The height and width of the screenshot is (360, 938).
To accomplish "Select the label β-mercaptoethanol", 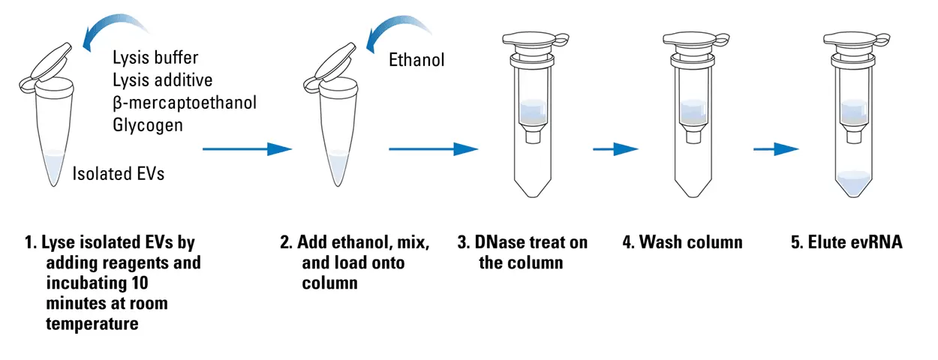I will pyautogui.click(x=185, y=102).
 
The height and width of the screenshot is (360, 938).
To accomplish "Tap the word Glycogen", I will pyautogui.click(x=148, y=124).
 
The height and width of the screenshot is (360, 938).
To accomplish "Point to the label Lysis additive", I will pyautogui.click(x=163, y=79).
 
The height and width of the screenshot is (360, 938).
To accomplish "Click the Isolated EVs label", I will pyautogui.click(x=119, y=174).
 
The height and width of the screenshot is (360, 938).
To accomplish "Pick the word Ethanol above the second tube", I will pyautogui.click(x=416, y=59).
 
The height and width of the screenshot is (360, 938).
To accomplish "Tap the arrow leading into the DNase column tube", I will pyautogui.click(x=433, y=148).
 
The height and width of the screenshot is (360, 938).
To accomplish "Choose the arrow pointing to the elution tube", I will pyautogui.click(x=776, y=148).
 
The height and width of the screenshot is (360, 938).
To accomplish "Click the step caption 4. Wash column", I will pyautogui.click(x=682, y=242).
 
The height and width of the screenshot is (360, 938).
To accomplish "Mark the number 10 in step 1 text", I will pyautogui.click(x=139, y=283).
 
